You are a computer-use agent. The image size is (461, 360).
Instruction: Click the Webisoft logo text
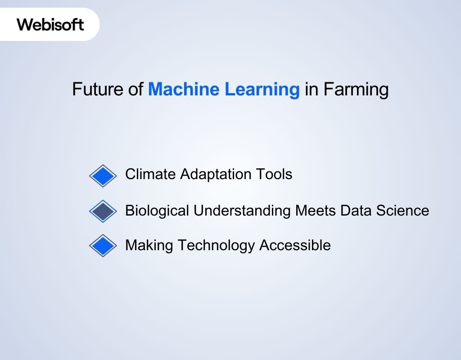point(50,24)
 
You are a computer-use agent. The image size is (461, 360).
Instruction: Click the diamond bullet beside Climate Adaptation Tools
point(103,175)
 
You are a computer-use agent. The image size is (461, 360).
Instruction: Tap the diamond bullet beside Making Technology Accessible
point(103,245)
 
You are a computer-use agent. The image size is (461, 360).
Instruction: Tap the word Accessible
point(295,245)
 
